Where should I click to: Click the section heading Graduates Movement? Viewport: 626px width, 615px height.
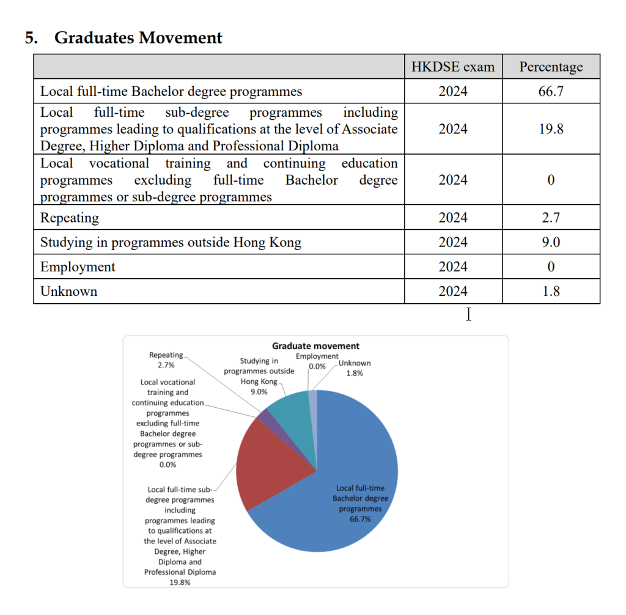coord(138,38)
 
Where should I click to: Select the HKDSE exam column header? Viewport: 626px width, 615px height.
coord(453,67)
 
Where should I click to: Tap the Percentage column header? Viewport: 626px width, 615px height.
coord(551,67)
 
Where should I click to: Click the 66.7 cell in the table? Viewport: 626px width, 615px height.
coord(551,92)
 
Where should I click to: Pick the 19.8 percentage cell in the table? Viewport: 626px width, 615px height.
coord(551,129)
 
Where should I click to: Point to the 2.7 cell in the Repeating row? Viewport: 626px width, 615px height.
coord(551,218)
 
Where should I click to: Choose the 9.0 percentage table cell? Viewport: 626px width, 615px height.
coord(551,242)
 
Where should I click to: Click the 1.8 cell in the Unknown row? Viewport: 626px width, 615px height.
coord(551,291)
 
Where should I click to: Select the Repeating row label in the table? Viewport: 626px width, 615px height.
coord(70,218)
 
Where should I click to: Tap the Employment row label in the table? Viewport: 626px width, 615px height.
coord(78,267)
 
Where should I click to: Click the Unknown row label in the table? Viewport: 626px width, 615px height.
coord(68,292)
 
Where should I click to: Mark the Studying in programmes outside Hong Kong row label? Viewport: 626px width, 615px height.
coord(171,242)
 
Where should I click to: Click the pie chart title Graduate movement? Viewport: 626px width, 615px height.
coord(315,346)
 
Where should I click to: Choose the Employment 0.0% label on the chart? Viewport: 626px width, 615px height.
coord(317,361)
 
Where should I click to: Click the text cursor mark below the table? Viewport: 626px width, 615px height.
coord(468,314)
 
